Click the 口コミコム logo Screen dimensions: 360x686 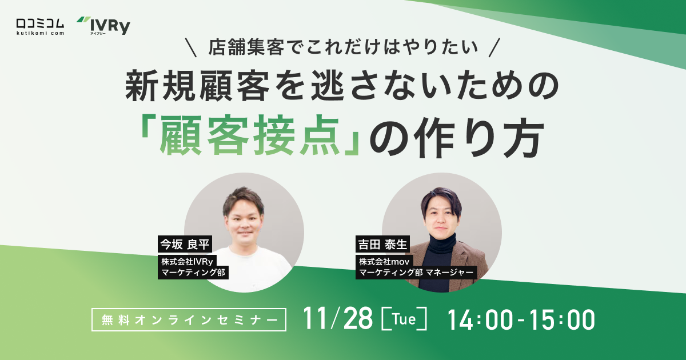pos(40,26)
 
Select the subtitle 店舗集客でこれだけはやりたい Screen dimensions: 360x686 pos(343,47)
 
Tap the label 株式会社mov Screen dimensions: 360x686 pos(385,261)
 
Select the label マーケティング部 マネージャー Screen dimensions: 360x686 pos(417,273)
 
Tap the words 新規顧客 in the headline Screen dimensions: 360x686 pos(189,86)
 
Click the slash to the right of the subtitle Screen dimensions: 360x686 pos(496,47)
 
